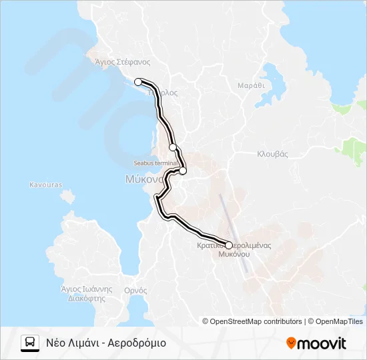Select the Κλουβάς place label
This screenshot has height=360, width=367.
(x=272, y=153)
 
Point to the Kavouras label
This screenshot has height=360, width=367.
(x=45, y=184)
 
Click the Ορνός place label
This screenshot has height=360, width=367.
(x=136, y=290)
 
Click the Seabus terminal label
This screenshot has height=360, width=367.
(x=155, y=163)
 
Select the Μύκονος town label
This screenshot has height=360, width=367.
(x=144, y=179)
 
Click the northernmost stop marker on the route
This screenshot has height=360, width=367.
(x=138, y=82)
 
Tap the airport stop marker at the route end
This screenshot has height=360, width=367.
(x=229, y=245)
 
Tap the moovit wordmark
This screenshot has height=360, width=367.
(x=322, y=343)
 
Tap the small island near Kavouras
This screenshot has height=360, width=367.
(x=66, y=197)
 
